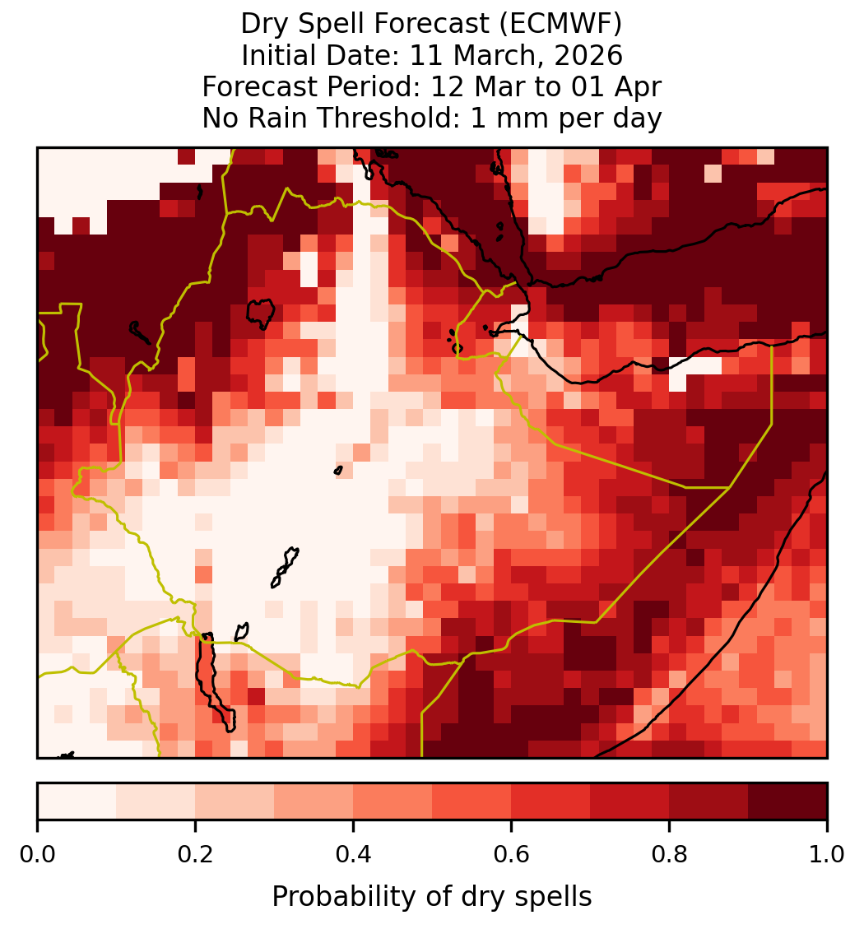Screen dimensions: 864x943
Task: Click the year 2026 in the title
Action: pos(588,55)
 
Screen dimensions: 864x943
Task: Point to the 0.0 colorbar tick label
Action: pos(37,854)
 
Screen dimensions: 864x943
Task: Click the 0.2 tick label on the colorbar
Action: pos(195,854)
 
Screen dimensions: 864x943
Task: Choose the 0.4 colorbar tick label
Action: pos(354,854)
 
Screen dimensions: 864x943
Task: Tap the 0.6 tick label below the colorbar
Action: pos(512,854)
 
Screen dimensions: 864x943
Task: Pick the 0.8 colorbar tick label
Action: pos(669,854)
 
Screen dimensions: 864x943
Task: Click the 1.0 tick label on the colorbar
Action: pos(827,854)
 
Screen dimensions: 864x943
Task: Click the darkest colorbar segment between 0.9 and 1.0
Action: pos(787,801)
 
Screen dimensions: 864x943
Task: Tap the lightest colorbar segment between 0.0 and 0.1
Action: pos(77,801)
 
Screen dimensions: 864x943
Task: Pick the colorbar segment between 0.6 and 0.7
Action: pos(550,801)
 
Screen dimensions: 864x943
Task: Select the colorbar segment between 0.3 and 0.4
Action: pos(314,801)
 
